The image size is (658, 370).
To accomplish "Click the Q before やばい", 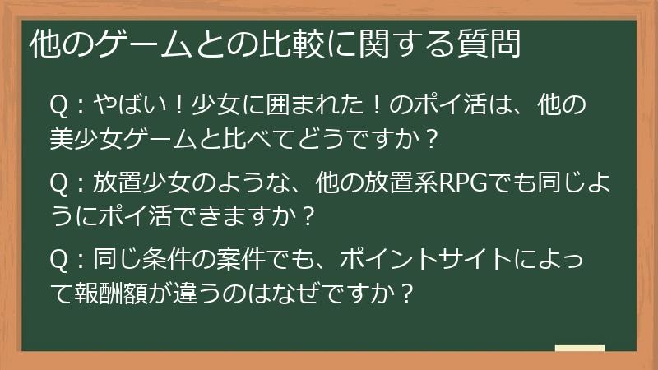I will point(60,106).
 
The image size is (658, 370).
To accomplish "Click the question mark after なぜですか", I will point(403,293).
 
